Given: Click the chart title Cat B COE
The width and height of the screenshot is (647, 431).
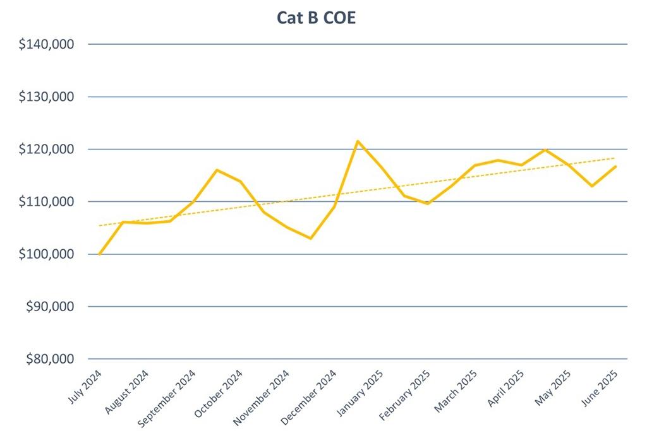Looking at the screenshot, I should click(316, 18).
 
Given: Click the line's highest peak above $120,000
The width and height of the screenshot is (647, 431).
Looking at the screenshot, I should click(358, 141).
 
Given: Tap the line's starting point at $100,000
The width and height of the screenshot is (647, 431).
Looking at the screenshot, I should click(100, 254).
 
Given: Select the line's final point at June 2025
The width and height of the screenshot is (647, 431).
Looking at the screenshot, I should click(615, 167).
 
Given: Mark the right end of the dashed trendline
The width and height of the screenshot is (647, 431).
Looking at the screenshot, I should click(614, 158).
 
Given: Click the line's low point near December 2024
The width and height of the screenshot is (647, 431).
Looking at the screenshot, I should click(310, 238).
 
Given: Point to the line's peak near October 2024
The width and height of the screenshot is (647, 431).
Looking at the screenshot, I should click(217, 170).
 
